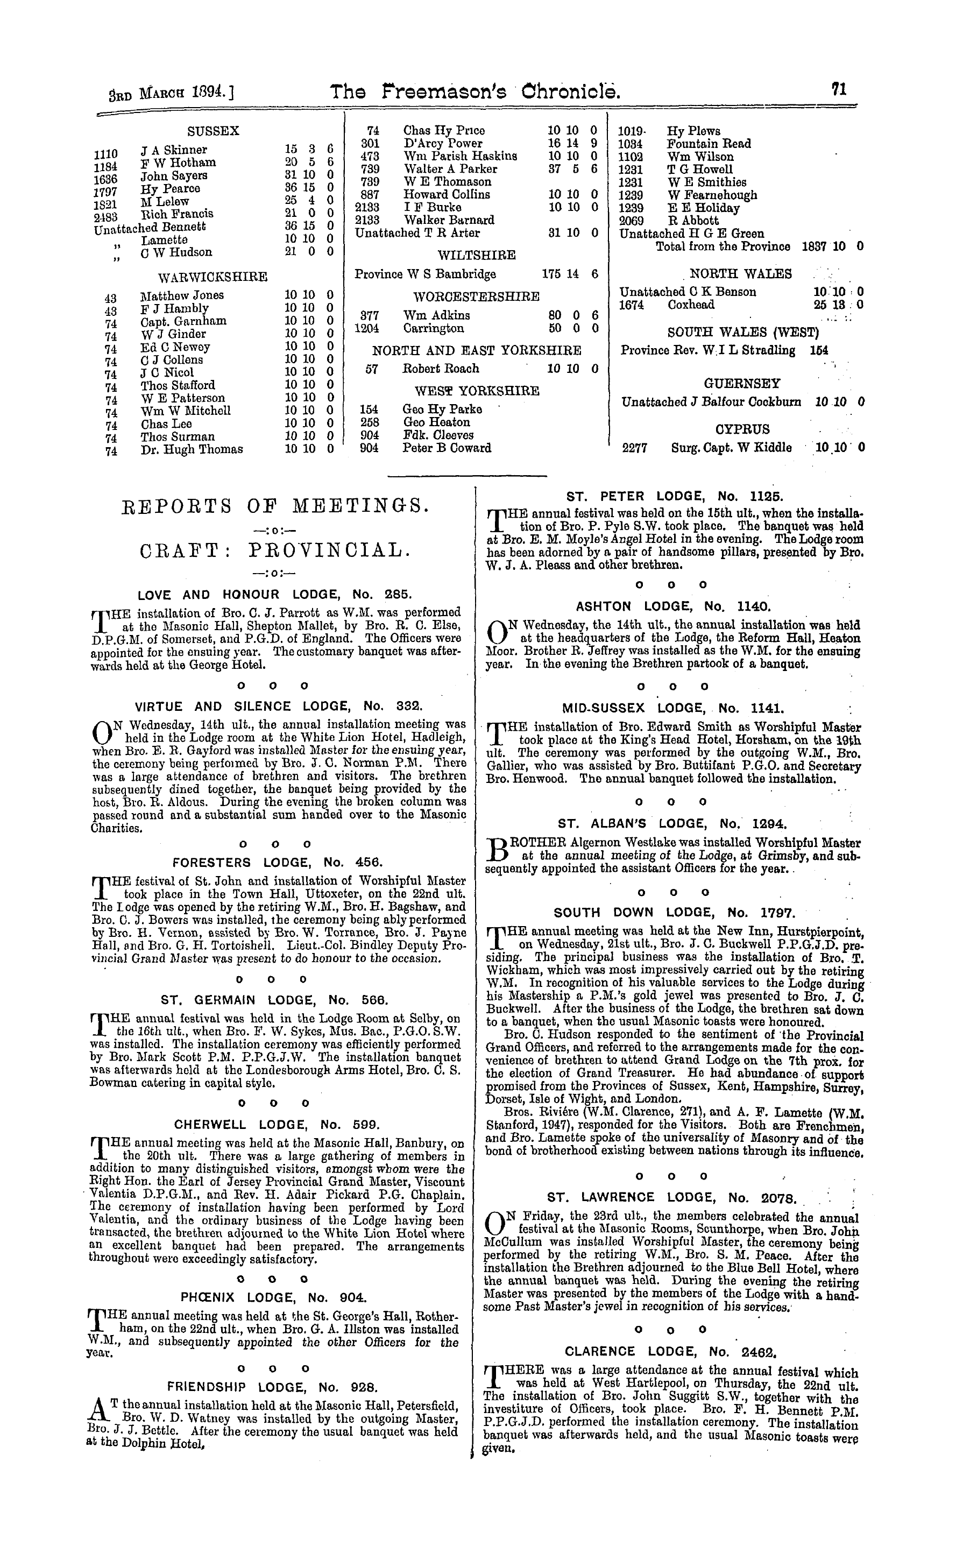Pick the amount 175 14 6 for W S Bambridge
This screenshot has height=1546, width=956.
pyautogui.click(x=570, y=274)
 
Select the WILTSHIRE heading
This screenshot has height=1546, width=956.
pyautogui.click(x=477, y=255)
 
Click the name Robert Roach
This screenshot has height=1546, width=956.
pyautogui.click(x=441, y=369)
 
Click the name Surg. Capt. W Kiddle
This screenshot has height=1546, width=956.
pyautogui.click(x=731, y=448)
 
